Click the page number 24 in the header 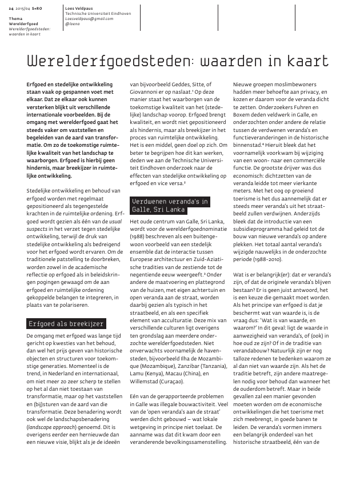coord(11,9)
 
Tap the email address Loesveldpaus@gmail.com coord(90,19)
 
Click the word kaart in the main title coord(311,61)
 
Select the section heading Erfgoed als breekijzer coord(66,324)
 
